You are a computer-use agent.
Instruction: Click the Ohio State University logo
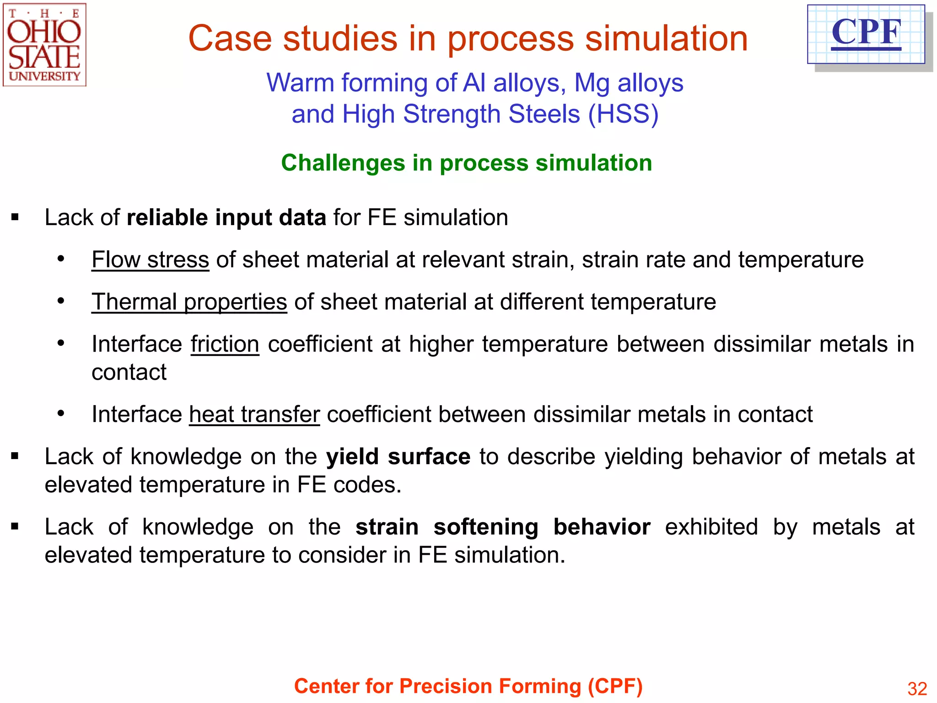[44, 45]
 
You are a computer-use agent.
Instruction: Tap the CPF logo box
[866, 34]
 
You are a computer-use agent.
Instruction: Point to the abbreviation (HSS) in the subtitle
[623, 114]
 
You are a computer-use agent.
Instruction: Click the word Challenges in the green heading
[343, 163]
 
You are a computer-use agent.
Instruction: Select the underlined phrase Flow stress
[150, 260]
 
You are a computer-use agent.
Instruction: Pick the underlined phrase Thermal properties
[189, 302]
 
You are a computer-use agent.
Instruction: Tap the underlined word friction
[225, 344]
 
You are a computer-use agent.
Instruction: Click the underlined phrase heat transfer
[254, 415]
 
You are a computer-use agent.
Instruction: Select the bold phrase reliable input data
[226, 217]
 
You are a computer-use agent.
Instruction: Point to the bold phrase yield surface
[398, 457]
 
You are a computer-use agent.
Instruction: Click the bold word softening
[486, 527]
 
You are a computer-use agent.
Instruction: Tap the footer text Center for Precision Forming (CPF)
[468, 687]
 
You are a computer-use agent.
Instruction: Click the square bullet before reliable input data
[15, 217]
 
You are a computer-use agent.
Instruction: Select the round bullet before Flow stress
[61, 260]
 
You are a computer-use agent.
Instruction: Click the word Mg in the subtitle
[592, 83]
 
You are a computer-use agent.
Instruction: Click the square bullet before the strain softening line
[15, 527]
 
